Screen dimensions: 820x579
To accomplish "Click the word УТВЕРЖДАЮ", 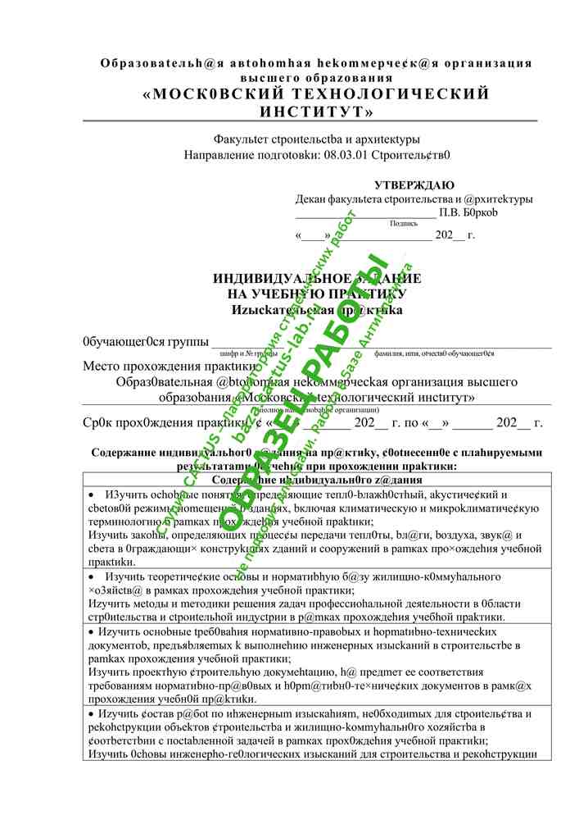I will coord(414,185).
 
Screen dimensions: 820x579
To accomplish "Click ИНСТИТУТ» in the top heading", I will coord(316,111).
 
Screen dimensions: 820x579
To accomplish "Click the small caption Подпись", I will coord(403,222).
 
